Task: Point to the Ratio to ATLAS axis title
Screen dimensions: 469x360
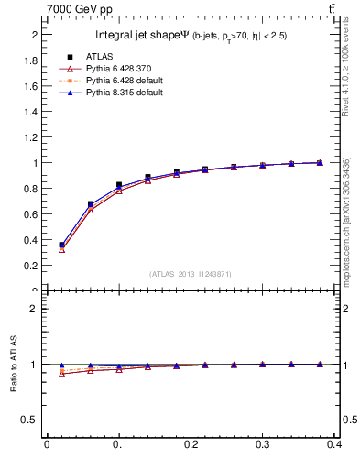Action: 14,365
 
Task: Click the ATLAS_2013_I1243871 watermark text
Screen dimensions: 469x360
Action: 191,274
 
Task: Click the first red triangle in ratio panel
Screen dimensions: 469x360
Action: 61,374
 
